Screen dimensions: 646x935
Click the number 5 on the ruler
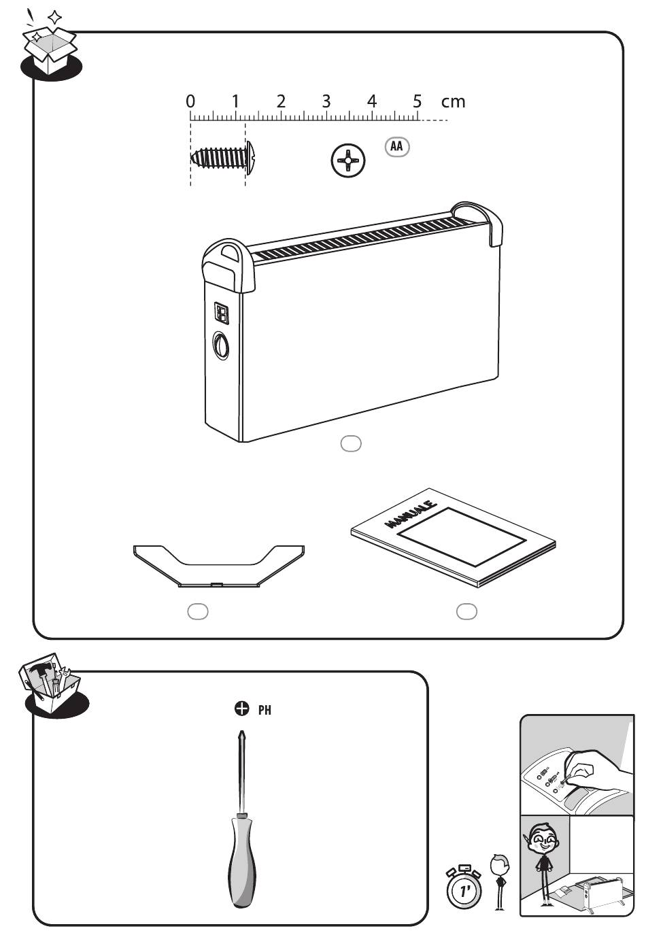pos(417,101)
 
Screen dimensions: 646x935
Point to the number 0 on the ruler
pos(190,101)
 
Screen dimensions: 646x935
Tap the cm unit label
pos(453,102)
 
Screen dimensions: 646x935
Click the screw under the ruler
pos(222,157)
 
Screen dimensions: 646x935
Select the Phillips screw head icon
pos(347,162)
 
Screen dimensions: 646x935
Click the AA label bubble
pos(397,146)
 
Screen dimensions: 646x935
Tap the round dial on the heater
pos(220,346)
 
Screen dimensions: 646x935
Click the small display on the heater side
pos(222,313)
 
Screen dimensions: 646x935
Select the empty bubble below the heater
pos(350,443)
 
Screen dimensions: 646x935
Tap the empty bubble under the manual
pos(466,611)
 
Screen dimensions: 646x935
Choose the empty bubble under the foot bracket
pos(197,611)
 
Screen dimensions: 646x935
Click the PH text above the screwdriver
pos(265,710)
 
